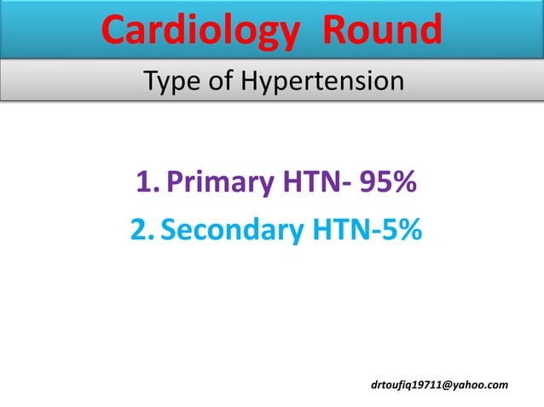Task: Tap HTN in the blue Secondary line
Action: [x=338, y=229]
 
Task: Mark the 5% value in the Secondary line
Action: [x=400, y=229]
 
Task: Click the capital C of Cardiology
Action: [x=115, y=31]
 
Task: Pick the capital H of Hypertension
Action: [x=250, y=82]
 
